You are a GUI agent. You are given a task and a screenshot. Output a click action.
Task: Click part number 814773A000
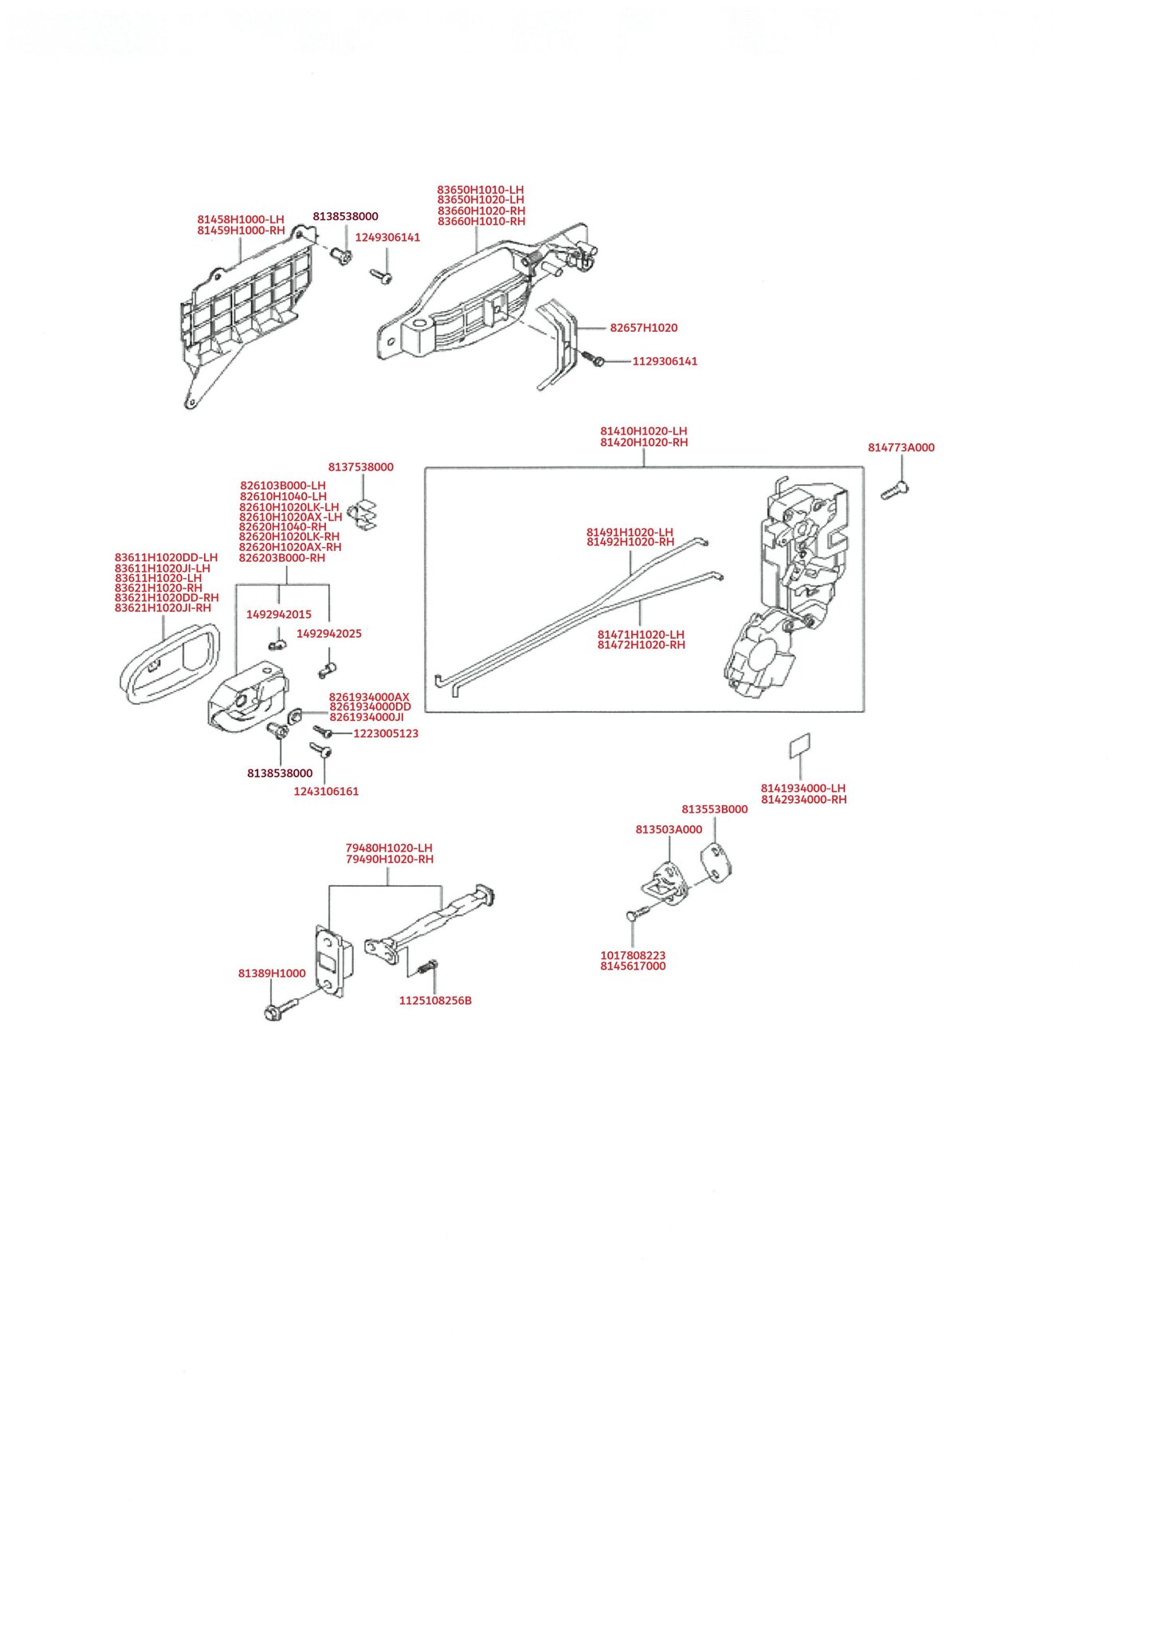point(901,447)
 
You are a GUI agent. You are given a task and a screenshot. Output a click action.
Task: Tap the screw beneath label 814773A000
point(895,490)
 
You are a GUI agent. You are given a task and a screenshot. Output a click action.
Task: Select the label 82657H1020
point(643,328)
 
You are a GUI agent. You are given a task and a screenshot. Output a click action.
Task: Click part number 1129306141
point(665,361)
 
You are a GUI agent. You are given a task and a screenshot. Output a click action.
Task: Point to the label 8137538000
point(360,467)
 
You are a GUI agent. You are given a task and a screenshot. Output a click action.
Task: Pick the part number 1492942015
point(279,615)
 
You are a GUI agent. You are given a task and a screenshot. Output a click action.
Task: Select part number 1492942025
point(329,634)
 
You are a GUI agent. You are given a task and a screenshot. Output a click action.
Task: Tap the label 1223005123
point(386,734)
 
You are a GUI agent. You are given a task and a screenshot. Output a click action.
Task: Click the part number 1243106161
point(326,792)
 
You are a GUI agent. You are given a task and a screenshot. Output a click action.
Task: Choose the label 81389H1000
point(272,974)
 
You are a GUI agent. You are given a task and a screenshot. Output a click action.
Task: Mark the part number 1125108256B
point(435,1001)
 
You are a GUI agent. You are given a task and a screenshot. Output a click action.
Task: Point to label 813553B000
point(715,809)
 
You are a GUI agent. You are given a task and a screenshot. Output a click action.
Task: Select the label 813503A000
point(669,829)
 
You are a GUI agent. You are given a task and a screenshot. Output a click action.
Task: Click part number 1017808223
point(633,955)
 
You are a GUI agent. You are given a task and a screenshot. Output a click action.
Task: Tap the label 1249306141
point(387,238)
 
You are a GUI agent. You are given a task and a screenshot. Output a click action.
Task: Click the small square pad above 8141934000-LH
point(799,746)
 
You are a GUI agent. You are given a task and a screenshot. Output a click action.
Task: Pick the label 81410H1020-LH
point(643,431)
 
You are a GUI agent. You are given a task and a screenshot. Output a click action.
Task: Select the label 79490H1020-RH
point(390,860)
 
